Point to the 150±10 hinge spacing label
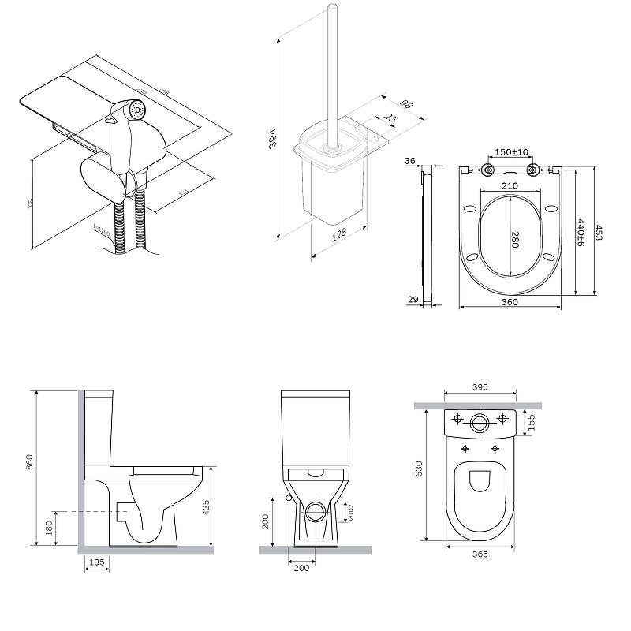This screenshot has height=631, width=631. [x=513, y=153]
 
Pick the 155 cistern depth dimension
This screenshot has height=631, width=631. [x=532, y=422]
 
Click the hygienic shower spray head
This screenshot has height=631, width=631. [x=139, y=110]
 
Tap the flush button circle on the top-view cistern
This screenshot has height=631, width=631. [x=480, y=420]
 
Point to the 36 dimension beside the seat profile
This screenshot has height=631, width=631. [x=409, y=161]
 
